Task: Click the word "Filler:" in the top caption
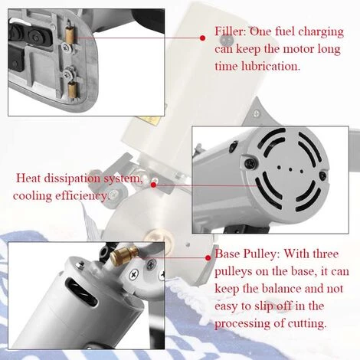coord(230,31)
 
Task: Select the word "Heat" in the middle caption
coord(28,178)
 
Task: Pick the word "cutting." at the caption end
coord(307,323)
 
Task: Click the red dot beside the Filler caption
coord(203,38)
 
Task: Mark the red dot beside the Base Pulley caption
coord(208,258)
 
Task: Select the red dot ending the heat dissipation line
coord(153,185)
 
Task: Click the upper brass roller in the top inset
coord(69,34)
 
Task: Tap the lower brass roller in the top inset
coord(73,90)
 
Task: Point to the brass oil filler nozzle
coord(124,256)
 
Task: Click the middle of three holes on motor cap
coord(290,169)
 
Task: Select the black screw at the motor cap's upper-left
coord(250,162)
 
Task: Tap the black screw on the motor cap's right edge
coord(323,175)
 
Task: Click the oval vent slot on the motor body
coord(81,292)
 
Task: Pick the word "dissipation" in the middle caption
coord(72,178)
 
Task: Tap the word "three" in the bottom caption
coord(325,254)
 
